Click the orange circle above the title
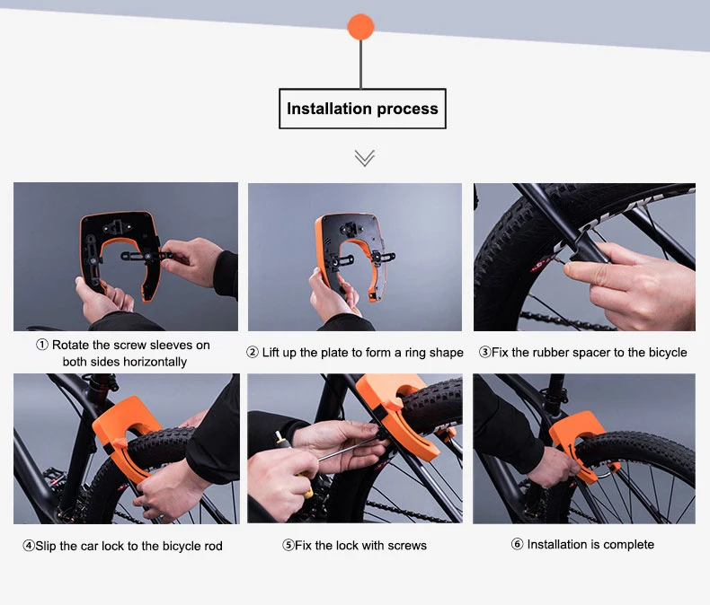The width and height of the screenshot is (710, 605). tap(361, 27)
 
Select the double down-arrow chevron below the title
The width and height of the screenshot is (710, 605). tap(365, 158)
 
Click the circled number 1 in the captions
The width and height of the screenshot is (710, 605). tap(42, 345)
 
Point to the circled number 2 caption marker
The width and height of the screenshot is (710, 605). tap(253, 352)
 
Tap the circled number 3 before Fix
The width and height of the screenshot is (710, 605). tap(485, 352)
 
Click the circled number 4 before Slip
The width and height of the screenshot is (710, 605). tap(29, 546)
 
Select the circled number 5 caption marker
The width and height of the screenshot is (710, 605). tap(288, 545)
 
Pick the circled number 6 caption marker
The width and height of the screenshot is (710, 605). tap(517, 544)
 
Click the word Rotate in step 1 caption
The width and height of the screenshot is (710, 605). tap(70, 345)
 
